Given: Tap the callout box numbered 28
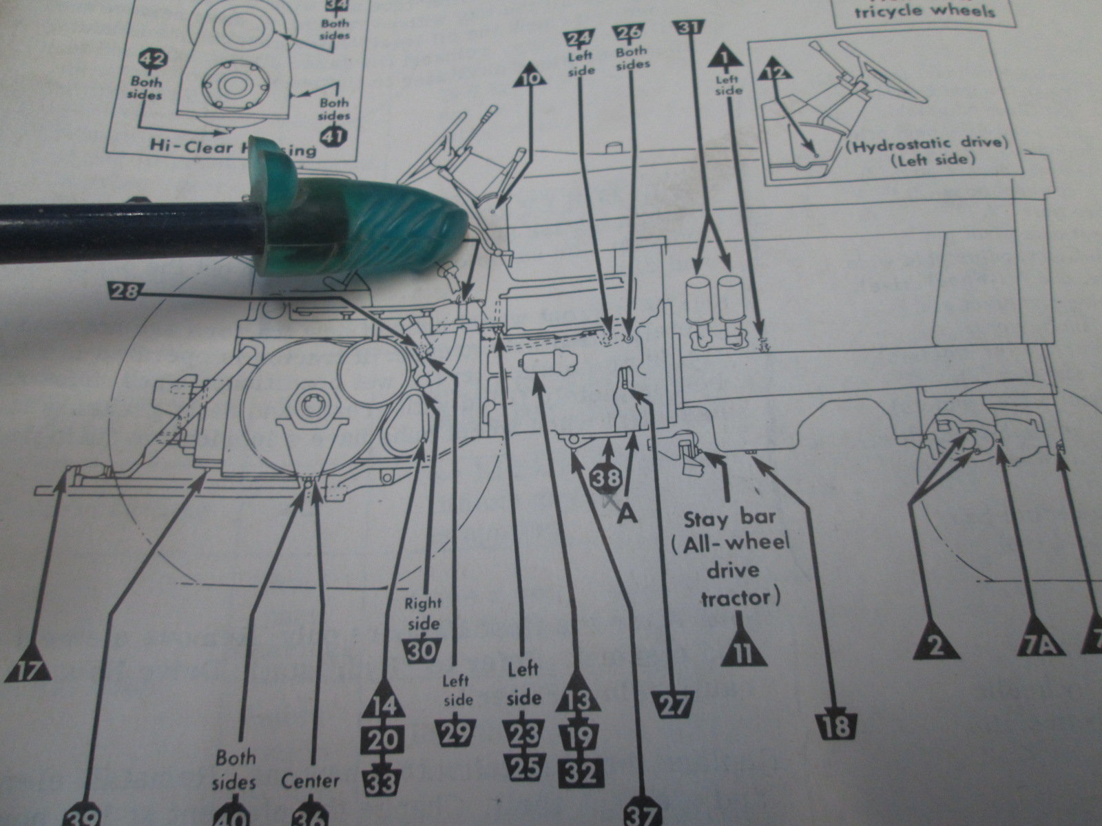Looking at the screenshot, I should (123, 292).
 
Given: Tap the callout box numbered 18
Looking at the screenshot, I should (835, 726).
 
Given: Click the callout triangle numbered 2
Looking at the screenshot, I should (933, 645).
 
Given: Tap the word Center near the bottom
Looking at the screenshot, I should (310, 781).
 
